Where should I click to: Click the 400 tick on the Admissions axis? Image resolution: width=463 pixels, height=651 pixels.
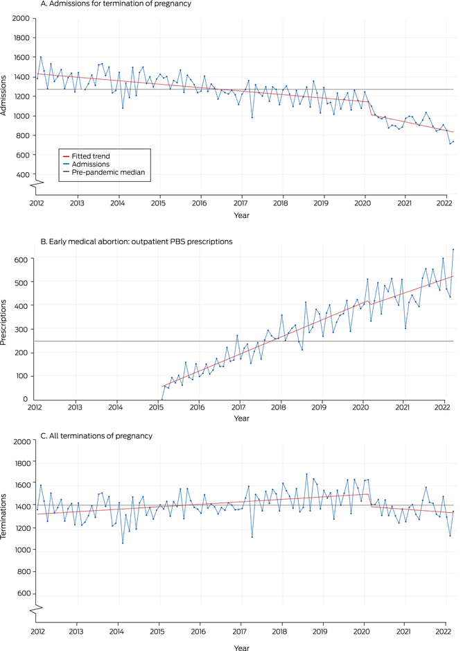[23, 175]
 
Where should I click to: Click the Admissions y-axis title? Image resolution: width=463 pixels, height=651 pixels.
[6, 96]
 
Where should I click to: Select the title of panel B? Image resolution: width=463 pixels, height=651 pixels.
[135, 241]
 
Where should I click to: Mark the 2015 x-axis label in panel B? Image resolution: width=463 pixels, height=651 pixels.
[158, 407]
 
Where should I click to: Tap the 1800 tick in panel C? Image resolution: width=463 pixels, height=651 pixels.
[20, 463]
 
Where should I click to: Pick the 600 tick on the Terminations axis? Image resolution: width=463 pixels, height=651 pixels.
[23, 593]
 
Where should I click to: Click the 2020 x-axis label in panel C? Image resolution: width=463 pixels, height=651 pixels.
[361, 632]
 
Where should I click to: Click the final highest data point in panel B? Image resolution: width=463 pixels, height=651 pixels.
[453, 249]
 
